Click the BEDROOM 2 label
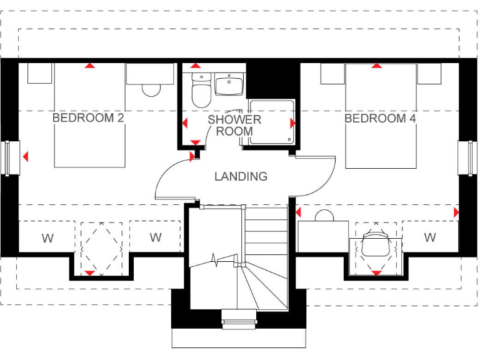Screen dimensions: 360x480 (87, 117)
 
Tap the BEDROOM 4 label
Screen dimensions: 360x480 (380, 118)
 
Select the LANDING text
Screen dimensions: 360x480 (241, 176)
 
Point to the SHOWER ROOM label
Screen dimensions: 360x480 (234, 125)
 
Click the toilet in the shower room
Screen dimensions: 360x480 (201, 92)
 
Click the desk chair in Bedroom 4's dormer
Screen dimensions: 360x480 (376, 244)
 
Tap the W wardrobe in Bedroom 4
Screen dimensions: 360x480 (430, 237)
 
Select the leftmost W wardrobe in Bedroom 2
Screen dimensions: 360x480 (47, 237)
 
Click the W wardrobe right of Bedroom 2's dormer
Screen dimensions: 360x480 (156, 237)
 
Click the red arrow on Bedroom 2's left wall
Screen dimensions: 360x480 (25, 157)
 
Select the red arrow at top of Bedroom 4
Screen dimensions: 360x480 (376, 66)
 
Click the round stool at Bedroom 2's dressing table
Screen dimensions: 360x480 (152, 89)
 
